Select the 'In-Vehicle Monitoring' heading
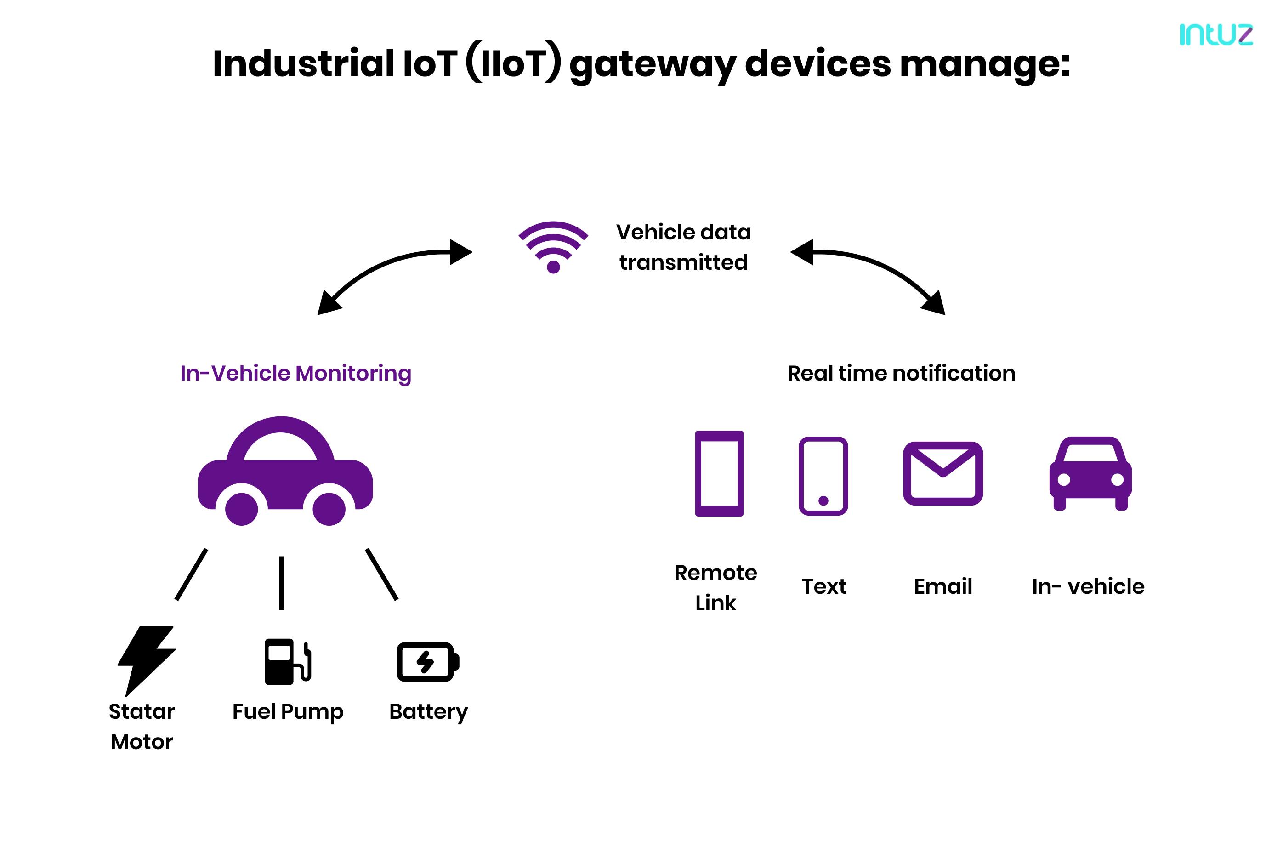tap(295, 373)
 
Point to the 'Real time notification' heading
tap(901, 373)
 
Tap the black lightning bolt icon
tap(146, 659)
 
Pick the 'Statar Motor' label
tap(142, 726)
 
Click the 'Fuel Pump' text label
tap(287, 711)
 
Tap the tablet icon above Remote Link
tap(719, 473)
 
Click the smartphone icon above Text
tap(823, 476)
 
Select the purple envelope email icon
tap(943, 473)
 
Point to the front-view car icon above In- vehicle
tap(1090, 473)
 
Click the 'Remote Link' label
tap(715, 588)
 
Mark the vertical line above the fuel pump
tap(281, 583)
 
